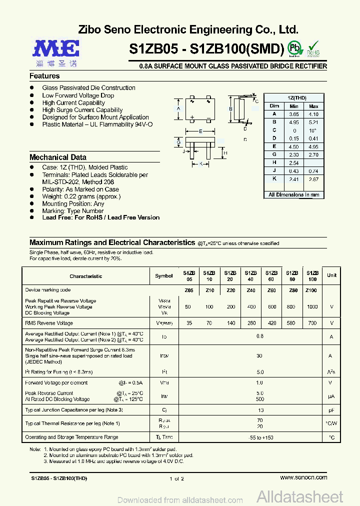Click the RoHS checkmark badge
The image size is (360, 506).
click(313, 48)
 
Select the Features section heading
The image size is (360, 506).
click(44, 76)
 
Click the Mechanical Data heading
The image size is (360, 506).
click(57, 157)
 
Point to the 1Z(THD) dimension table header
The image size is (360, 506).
click(296, 98)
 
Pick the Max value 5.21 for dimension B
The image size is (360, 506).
click(313, 122)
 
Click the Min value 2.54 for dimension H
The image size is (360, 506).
click(293, 163)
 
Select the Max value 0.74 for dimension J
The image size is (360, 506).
click(313, 171)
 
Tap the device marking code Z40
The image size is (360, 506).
click(251, 290)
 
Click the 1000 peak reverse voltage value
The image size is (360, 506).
click(312, 307)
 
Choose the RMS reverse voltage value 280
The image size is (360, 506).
click(251, 323)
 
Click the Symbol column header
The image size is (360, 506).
click(163, 276)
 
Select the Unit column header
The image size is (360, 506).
click(331, 275)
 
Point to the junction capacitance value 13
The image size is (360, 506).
click(259, 410)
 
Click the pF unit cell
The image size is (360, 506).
click(330, 410)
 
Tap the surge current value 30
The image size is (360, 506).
click(259, 356)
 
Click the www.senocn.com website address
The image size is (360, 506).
click(303, 477)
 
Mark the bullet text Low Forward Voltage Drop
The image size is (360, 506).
click(78, 95)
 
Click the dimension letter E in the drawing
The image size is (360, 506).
click(200, 131)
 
